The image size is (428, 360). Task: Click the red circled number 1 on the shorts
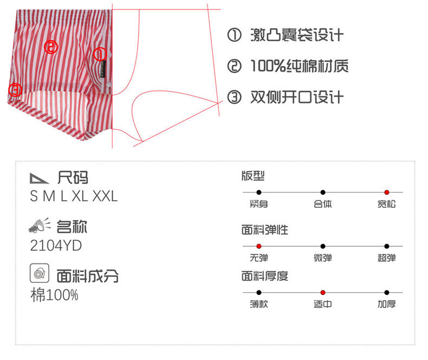[100, 54]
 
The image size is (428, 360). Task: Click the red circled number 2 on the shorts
[51, 47]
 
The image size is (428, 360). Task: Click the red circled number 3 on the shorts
[15, 89]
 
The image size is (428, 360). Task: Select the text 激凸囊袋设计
[297, 36]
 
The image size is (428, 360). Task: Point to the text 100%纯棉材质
[299, 67]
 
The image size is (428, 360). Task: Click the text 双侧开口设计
[297, 97]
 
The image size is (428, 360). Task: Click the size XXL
[105, 196]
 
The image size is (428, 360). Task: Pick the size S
[34, 196]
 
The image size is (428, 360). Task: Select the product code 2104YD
[56, 246]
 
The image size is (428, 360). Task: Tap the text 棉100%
[54, 295]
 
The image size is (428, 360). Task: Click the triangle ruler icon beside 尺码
[40, 177]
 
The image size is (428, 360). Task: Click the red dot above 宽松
[387, 192]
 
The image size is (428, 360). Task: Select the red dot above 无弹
[259, 246]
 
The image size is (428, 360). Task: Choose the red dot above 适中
[323, 293]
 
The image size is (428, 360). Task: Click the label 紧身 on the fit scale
[259, 204]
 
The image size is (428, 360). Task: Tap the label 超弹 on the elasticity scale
[387, 258]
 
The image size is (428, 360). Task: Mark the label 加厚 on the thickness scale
[387, 304]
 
